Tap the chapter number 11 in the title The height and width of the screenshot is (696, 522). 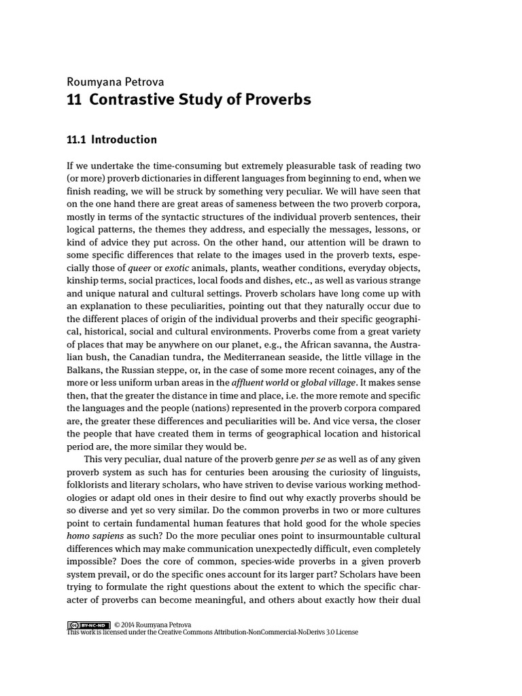point(74,99)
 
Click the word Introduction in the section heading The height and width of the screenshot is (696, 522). point(124,140)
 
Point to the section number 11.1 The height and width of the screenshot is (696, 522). point(76,140)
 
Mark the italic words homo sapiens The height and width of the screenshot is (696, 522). point(94,536)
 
